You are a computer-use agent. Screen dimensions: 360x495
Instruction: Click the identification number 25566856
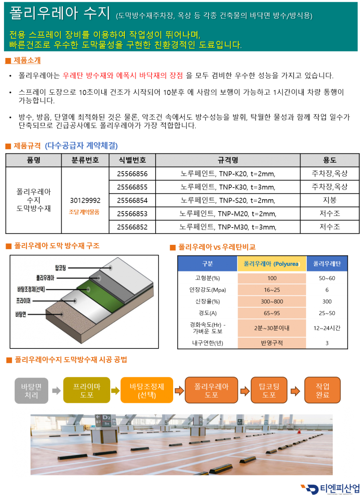click(132, 174)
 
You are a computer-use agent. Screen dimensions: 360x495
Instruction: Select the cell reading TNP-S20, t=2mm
click(247, 201)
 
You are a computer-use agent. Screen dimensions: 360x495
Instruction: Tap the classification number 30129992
click(85, 201)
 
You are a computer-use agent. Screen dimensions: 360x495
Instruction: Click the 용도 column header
click(329, 160)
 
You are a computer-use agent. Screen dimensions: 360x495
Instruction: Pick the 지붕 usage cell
click(329, 200)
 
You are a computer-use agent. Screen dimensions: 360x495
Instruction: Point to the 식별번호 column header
click(132, 160)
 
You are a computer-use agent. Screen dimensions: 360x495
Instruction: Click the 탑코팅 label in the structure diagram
click(60, 268)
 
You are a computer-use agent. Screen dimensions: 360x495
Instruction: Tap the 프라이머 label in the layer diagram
click(23, 301)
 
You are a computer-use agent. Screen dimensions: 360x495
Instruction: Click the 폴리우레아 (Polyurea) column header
click(271, 264)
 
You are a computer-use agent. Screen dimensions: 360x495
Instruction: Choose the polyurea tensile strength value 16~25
click(272, 290)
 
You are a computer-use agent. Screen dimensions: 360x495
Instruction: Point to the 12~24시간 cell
click(327, 328)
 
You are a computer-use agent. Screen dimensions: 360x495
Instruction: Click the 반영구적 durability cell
click(272, 343)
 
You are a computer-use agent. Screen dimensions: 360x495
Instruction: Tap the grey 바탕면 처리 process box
click(31, 391)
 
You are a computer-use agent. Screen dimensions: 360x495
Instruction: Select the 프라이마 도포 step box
click(87, 390)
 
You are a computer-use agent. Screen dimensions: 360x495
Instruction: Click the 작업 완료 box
click(323, 390)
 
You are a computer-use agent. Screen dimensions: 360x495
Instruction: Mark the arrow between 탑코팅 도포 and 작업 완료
click(296, 391)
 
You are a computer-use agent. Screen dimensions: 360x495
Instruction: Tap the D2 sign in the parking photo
click(106, 418)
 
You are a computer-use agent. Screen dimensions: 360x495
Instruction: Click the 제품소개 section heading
click(27, 60)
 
